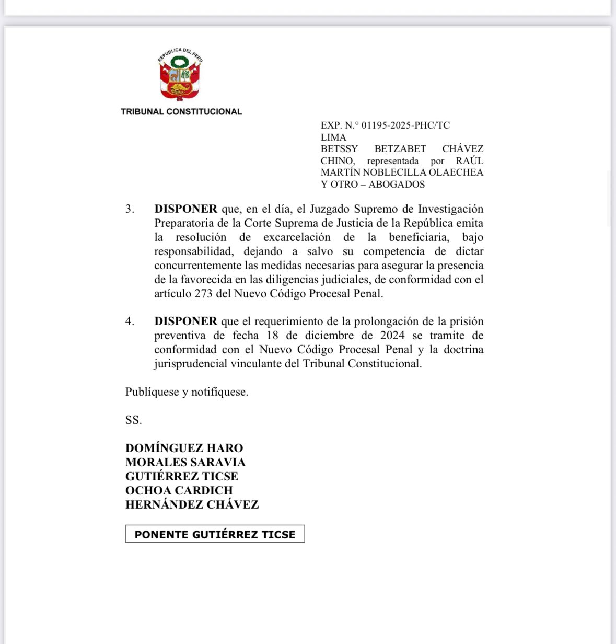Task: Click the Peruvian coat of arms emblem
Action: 180,75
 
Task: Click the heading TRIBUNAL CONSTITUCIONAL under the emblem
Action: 181,111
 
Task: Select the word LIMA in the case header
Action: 333,137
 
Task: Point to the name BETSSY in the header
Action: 339,149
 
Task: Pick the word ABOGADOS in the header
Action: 397,185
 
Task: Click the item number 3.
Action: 130,209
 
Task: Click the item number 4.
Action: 130,321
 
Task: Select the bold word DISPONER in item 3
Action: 185,209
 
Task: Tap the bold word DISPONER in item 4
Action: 185,321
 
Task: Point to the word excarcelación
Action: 297,237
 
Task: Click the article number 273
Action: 203,294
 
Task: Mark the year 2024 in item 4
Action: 392,336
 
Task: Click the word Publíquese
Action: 152,392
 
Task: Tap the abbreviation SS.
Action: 133,420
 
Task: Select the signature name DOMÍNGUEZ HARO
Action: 184,448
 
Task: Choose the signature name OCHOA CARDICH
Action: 179,491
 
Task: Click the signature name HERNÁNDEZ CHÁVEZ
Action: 192,505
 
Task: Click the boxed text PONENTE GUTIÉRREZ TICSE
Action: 215,534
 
